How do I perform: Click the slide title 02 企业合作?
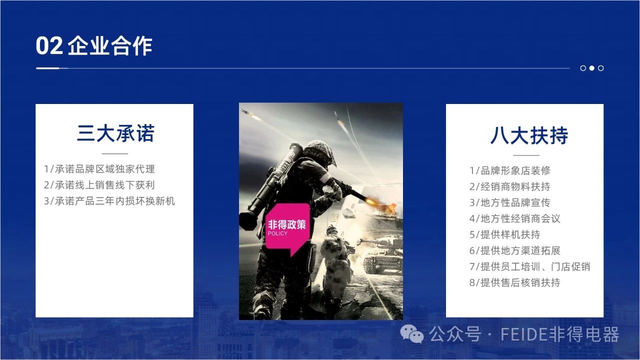coord(94,45)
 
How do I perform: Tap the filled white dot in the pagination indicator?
coord(592,68)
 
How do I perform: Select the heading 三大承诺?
coord(115,133)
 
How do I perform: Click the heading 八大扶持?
coord(529,135)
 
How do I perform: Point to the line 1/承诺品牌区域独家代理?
coord(99,169)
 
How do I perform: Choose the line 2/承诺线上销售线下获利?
coord(99,185)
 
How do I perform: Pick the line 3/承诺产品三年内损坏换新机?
coord(109,201)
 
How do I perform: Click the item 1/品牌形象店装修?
coord(510,170)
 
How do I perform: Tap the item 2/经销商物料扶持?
coord(510,186)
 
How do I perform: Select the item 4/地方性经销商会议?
coord(515,218)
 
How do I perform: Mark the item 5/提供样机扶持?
coord(505,234)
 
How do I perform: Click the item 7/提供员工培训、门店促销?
coord(530,266)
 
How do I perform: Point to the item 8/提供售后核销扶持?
coord(515,282)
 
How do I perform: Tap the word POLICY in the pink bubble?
coord(277,233)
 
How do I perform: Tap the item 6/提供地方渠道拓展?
coord(515,250)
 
